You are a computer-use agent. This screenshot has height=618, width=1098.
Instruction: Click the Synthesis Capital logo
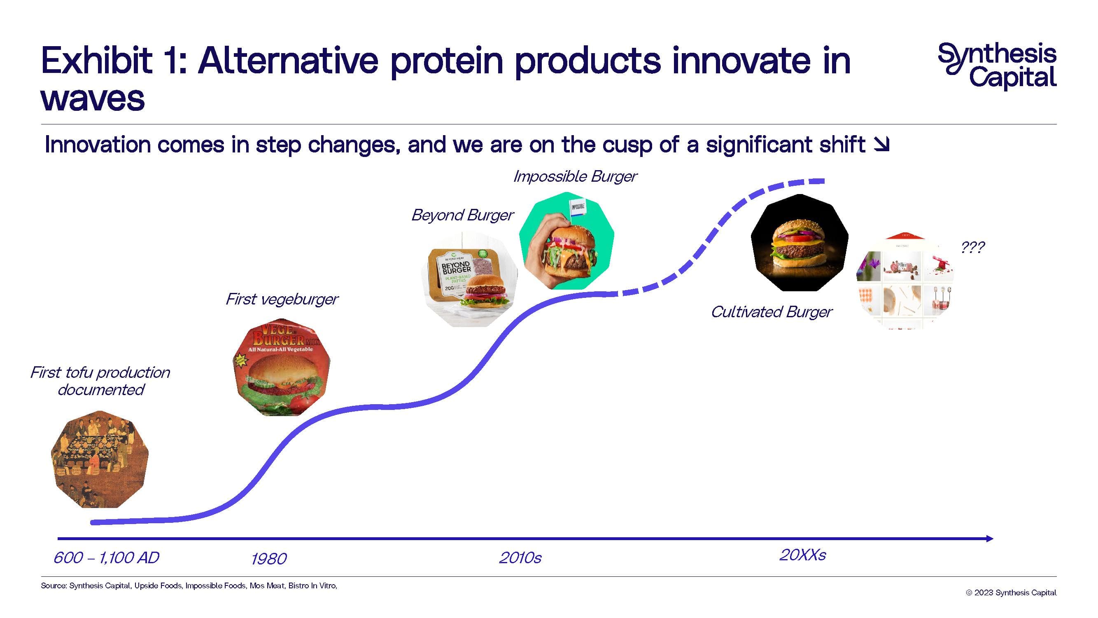pyautogui.click(x=997, y=66)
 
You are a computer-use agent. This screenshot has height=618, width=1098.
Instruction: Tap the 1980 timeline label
pyautogui.click(x=269, y=559)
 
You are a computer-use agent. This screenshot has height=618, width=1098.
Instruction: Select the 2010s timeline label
pyautogui.click(x=520, y=558)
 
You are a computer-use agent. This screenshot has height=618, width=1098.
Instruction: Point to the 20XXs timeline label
pyautogui.click(x=803, y=555)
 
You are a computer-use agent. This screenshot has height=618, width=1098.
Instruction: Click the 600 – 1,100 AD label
pyautogui.click(x=107, y=558)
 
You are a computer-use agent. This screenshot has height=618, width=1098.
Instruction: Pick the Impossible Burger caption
pyautogui.click(x=575, y=176)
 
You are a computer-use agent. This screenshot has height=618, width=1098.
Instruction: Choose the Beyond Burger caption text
pyautogui.click(x=462, y=215)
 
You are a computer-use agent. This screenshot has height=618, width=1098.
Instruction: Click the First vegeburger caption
pyautogui.click(x=282, y=299)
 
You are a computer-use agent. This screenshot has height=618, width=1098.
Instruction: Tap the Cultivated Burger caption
pyautogui.click(x=772, y=312)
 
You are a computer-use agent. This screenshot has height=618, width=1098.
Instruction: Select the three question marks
pyautogui.click(x=973, y=247)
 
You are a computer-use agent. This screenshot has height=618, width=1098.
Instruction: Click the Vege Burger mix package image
pyautogui.click(x=281, y=367)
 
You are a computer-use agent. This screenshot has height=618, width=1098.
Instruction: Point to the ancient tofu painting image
pyautogui.click(x=100, y=459)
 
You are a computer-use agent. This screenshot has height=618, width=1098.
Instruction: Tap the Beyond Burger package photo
pyautogui.click(x=469, y=279)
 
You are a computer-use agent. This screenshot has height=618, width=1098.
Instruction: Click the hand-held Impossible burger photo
pyautogui.click(x=567, y=241)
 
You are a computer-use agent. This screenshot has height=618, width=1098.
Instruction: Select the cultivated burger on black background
pyautogui.click(x=799, y=243)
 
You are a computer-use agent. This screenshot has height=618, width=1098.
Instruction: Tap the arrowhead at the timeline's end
pyautogui.click(x=989, y=538)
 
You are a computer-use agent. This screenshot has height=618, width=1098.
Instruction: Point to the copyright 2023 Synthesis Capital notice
pyautogui.click(x=1011, y=592)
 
